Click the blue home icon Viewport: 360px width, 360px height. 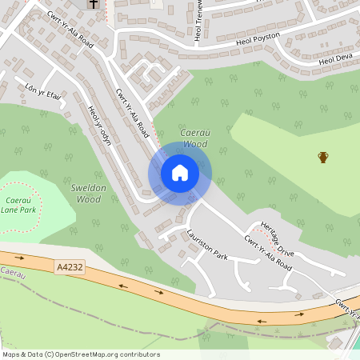pos(180,172)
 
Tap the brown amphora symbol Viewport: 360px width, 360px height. pos(323,157)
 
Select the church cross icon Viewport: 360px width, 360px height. pos(94,4)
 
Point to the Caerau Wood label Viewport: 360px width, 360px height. pos(194,138)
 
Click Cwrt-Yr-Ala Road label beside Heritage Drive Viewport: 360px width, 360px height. pos(268,254)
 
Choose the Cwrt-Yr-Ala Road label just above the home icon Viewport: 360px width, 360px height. pos(132,113)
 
